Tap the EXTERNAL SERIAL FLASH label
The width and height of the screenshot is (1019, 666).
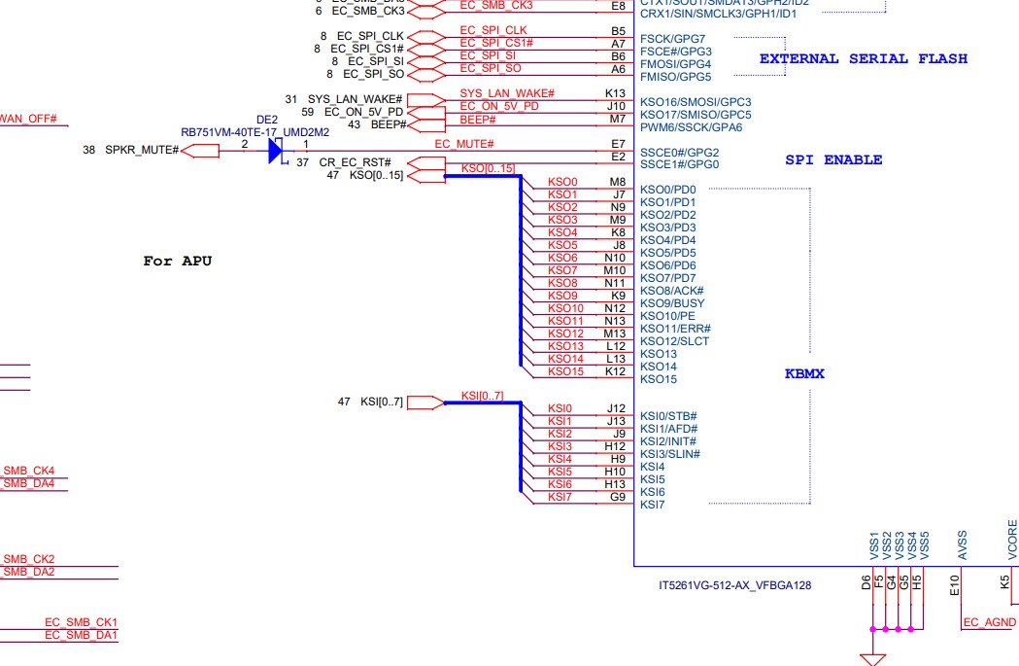coord(863,58)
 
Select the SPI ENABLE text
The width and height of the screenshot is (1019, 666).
coord(833,159)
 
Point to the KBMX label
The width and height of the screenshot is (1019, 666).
coord(804,373)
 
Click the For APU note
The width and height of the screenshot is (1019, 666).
coord(177,261)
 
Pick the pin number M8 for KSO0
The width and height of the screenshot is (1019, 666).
coord(617,182)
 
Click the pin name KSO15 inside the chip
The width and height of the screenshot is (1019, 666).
coord(659,379)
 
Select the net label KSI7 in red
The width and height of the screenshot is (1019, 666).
coord(560,497)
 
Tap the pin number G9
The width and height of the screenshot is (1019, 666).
coord(617,497)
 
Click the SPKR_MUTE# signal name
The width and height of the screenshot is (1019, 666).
coord(145,150)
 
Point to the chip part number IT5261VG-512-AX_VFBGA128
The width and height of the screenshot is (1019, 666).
coord(734,586)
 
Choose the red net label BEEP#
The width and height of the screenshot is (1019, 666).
coord(478,119)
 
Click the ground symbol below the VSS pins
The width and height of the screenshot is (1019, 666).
coord(872,658)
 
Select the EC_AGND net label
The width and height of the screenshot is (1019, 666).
coord(989,622)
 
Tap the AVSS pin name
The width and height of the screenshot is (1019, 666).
coord(962,543)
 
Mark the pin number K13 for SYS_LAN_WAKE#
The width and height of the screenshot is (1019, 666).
coord(615,93)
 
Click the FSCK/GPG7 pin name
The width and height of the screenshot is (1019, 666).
coord(672,39)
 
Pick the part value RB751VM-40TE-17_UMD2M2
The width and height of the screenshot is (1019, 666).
coord(268,131)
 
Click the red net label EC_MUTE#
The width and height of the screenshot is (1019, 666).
coord(459,144)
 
